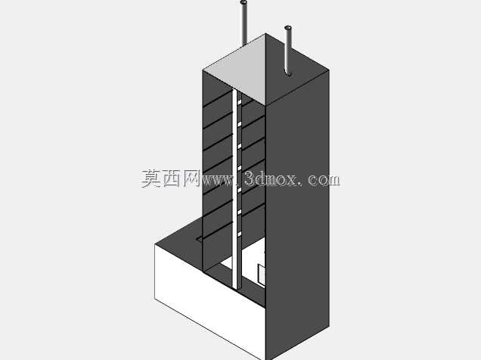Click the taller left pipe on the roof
tap(244, 23)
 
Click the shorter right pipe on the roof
tap(287, 51)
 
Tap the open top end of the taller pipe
tap(244, 2)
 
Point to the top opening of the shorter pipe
tap(288, 28)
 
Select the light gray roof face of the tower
tap(234, 70)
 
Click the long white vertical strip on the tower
tap(234, 190)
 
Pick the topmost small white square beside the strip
tap(240, 102)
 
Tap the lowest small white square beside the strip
tap(240, 234)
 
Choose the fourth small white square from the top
tap(240, 168)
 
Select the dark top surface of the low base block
tap(181, 242)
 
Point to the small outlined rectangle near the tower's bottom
tap(262, 275)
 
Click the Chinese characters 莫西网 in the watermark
tap(171, 178)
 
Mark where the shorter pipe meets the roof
tap(288, 74)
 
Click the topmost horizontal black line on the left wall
tap(218, 99)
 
